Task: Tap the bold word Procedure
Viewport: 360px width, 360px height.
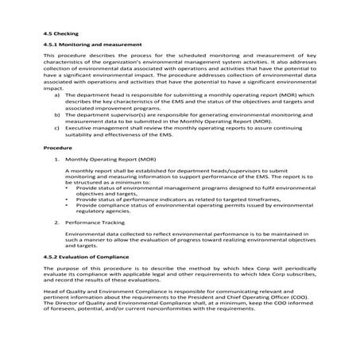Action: [x=57, y=149]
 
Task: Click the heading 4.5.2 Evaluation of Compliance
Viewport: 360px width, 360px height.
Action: [x=91, y=259]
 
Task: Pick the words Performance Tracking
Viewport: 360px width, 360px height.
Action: [x=97, y=224]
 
